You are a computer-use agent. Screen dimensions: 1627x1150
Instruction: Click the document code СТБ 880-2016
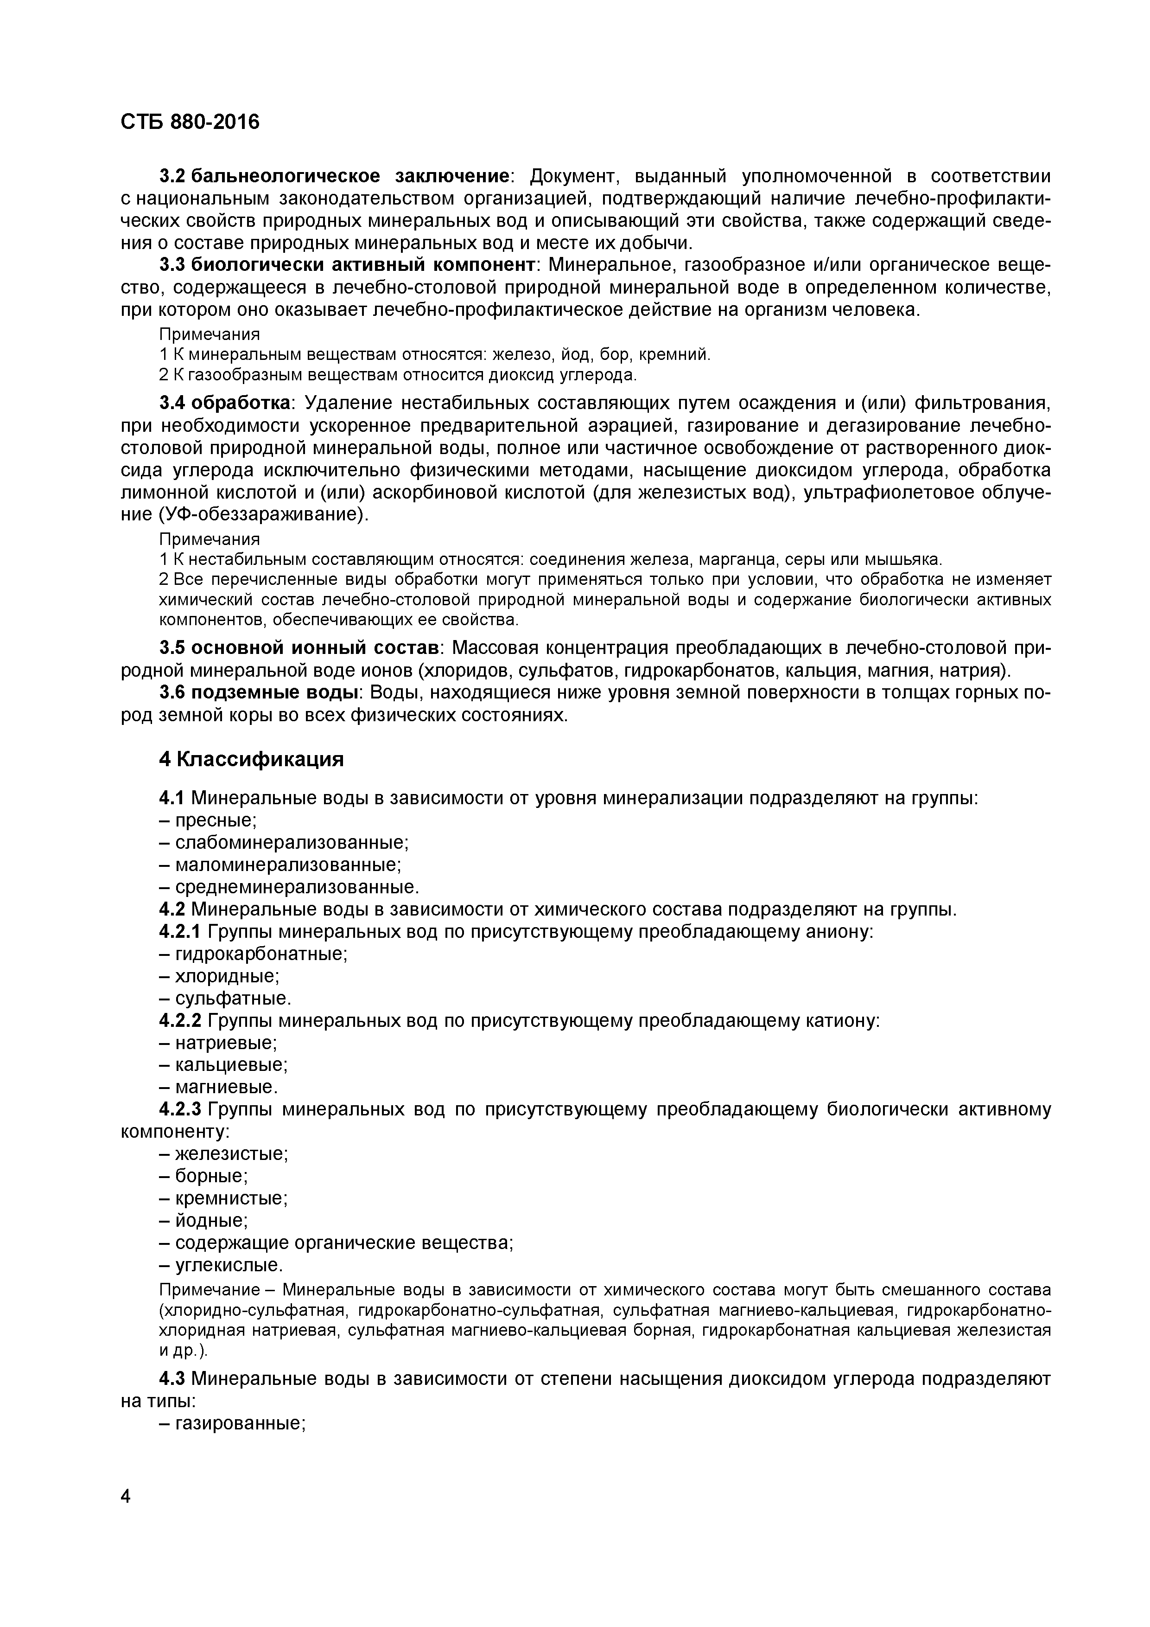click(190, 122)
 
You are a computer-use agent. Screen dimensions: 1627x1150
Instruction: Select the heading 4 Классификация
click(251, 760)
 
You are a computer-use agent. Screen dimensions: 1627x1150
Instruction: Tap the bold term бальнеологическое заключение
click(350, 176)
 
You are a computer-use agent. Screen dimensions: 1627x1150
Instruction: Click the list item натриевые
click(226, 1043)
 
